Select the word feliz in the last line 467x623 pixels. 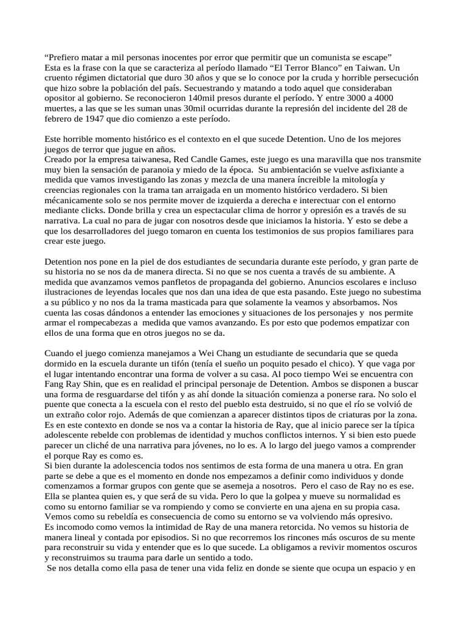(207, 569)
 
